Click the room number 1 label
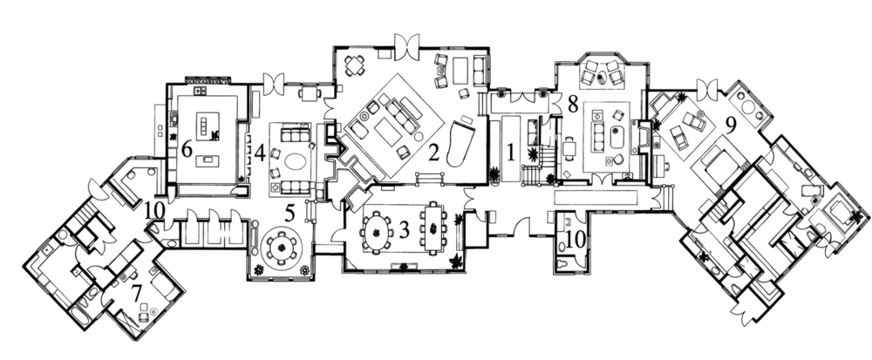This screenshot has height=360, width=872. pos(510,152)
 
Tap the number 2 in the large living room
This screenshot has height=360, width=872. pos(434,152)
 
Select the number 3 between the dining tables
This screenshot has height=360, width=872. pos(405,230)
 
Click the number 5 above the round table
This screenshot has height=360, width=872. pos(290,214)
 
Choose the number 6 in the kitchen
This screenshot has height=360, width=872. pos(187,149)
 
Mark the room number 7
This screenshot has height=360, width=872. pos(136,293)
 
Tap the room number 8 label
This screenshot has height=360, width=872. pos(573,104)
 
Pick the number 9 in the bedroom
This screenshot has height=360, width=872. pos(731,125)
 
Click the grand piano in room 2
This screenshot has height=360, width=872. pos(460,142)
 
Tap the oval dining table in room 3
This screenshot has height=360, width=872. pos(378,230)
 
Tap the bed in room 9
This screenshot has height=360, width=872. pos(719,162)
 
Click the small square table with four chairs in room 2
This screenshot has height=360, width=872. pos(355,66)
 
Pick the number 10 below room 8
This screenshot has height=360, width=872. pos(573,240)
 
